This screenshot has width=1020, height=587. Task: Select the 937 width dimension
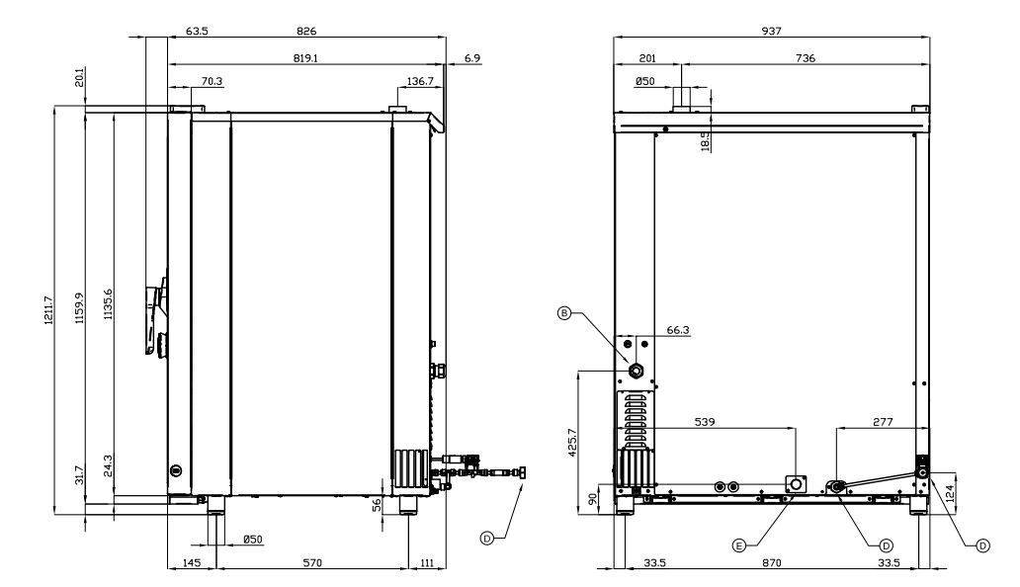771,31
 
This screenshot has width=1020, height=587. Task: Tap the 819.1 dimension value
305,58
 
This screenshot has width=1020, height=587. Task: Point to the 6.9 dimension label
472,58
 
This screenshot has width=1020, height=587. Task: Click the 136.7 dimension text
420,81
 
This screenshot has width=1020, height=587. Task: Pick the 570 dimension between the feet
312,562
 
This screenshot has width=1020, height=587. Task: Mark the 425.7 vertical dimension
572,442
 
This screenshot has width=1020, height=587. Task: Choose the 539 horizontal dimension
705,422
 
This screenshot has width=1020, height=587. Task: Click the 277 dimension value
882,422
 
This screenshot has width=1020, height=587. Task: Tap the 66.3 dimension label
678,330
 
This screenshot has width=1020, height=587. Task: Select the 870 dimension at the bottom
771,562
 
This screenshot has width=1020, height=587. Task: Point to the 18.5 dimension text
706,140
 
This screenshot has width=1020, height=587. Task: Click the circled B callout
564,313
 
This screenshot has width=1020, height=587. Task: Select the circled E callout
738,545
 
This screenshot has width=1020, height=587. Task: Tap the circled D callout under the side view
486,538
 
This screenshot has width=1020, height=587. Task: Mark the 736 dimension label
805,58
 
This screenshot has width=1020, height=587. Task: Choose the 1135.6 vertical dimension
108,303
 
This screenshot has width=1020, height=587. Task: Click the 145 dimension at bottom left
192,562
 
